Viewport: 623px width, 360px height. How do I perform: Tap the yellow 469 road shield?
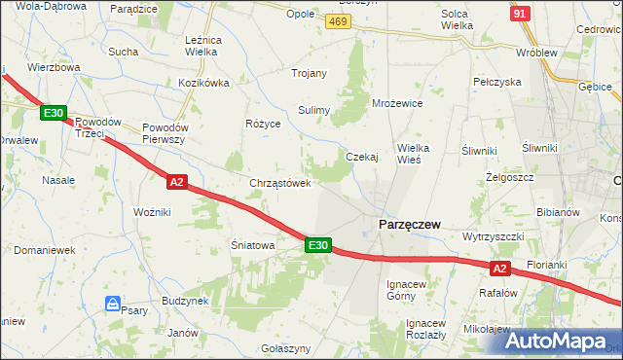[x=339, y=22]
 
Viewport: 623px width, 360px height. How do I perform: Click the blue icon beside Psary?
[x=113, y=304]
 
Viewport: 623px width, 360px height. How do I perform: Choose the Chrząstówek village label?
[x=280, y=183]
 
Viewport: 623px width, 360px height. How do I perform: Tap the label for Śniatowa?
[x=252, y=246]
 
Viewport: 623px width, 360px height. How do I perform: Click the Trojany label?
[x=309, y=73]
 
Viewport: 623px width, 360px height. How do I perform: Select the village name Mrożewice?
[x=397, y=102]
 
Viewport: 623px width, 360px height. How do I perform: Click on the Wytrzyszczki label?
[x=494, y=236]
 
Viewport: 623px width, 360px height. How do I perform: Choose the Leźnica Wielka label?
[x=202, y=46]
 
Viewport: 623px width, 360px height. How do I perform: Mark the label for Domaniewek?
[x=44, y=250]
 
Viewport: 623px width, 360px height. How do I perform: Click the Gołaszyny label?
[x=286, y=348]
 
